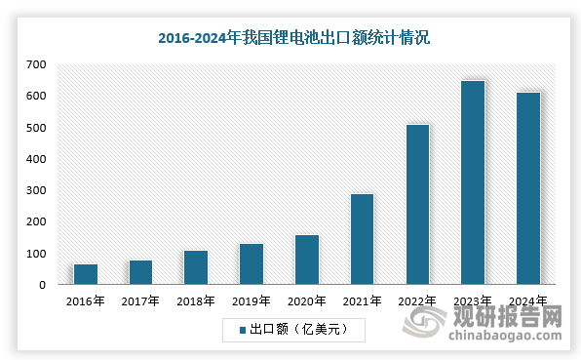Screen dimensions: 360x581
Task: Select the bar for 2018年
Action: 195,267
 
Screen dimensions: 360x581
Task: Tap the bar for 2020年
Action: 306,260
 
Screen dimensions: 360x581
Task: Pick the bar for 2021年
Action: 362,239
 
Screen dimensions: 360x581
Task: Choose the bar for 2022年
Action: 417,205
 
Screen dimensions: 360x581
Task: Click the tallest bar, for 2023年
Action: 473,182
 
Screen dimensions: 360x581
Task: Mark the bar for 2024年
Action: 527,188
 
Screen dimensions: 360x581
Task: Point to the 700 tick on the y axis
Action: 36,64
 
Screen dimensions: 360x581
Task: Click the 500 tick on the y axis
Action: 36,128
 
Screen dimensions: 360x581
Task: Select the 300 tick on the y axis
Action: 36,190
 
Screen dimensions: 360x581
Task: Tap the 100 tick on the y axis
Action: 36,254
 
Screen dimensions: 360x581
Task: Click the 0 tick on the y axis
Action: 43,285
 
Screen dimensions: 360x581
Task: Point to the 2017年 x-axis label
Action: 140,300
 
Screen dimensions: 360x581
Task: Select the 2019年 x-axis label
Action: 252,300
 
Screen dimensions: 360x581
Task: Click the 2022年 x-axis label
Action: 417,300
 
